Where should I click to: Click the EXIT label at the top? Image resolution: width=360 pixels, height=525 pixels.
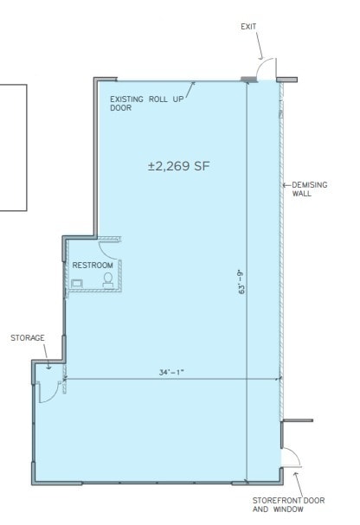click(249, 27)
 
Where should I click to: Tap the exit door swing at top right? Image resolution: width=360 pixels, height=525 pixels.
click(268, 70)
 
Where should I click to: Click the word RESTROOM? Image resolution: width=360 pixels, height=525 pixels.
click(93, 265)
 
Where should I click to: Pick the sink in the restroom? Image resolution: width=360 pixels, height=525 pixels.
click(77, 283)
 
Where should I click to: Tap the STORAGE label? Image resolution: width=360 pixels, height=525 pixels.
click(28, 337)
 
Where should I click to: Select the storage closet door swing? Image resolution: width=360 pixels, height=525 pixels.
click(51, 391)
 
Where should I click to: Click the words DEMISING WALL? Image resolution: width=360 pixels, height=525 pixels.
click(307, 189)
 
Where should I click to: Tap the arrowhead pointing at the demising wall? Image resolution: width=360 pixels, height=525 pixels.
click(286, 185)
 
